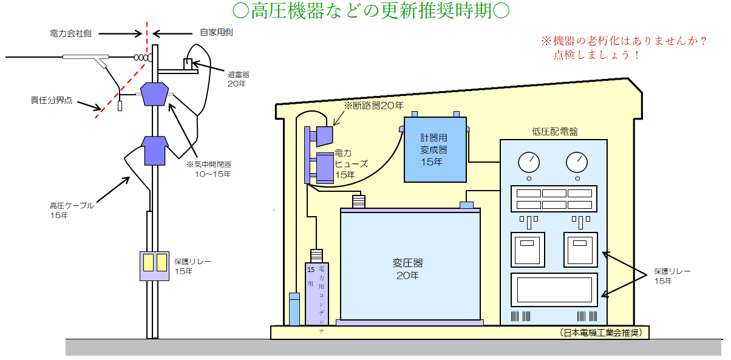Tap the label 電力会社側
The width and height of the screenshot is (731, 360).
pyautogui.click(x=70, y=33)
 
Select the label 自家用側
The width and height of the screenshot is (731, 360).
pyautogui.click(x=217, y=33)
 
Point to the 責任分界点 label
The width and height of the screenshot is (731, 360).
pyautogui.click(x=52, y=100)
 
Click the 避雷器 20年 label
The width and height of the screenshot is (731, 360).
pyautogui.click(x=239, y=78)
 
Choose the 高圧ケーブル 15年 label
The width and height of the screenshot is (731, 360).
pyautogui.click(x=72, y=210)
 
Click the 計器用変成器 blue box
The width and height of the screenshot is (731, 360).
pyautogui.click(x=435, y=149)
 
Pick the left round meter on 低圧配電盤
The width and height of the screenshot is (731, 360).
pyautogui.click(x=529, y=162)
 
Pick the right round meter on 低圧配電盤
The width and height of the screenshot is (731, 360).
pyautogui.click(x=577, y=162)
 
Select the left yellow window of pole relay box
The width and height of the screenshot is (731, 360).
pyautogui.click(x=148, y=262)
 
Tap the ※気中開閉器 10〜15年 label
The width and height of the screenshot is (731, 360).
pyautogui.click(x=208, y=169)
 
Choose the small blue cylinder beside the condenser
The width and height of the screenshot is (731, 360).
pyautogui.click(x=294, y=309)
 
